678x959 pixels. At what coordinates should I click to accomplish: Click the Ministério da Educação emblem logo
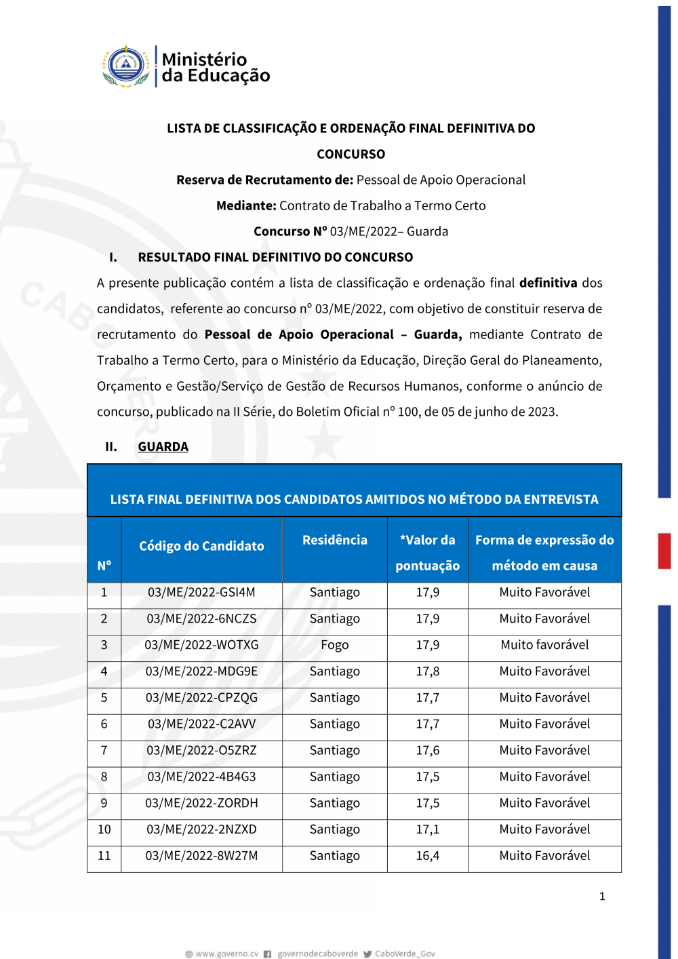(126, 66)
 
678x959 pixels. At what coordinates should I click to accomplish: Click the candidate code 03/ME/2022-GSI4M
(201, 592)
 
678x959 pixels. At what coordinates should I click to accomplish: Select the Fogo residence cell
(335, 645)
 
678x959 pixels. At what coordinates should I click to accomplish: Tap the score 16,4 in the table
(427, 856)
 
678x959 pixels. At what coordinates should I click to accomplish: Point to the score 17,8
(427, 671)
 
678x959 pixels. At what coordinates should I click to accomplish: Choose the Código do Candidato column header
(201, 546)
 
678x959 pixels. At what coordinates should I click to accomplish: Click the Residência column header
(335, 540)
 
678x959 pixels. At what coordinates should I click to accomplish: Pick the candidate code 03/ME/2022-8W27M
(201, 856)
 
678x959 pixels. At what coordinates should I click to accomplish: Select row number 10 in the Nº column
(104, 829)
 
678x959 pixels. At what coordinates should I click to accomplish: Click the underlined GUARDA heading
(163, 447)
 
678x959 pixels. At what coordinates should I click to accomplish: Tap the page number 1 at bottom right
(602, 897)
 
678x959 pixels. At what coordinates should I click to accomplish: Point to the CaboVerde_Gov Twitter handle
(405, 954)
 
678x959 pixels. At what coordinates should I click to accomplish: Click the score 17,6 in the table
(427, 750)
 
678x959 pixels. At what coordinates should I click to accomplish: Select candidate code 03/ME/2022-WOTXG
(201, 645)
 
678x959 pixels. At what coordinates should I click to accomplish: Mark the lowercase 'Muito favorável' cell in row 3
(544, 645)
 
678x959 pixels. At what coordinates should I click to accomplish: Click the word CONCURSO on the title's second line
(351, 154)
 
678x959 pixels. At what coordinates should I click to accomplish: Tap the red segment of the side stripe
(664, 551)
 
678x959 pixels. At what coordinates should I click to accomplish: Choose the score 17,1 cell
(427, 829)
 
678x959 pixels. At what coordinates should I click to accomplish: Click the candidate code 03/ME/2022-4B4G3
(201, 777)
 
